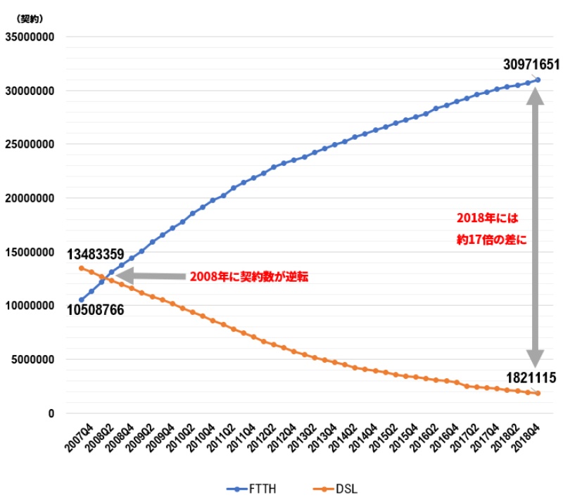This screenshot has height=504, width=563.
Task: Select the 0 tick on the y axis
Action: tap(51, 413)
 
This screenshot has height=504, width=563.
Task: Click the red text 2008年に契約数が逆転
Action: tap(249, 277)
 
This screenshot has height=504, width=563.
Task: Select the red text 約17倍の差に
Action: tap(491, 238)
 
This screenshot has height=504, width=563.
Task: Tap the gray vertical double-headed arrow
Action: tap(536, 225)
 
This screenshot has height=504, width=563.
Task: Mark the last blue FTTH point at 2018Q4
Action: tap(538, 79)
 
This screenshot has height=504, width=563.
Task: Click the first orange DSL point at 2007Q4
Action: tap(81, 268)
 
